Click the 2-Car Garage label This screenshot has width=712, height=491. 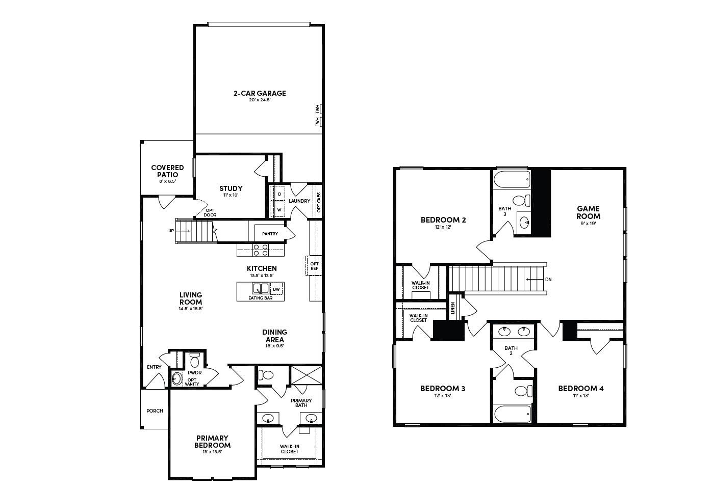pos(260,93)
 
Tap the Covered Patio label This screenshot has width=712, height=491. pos(167,171)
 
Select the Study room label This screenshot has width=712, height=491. pos(231,188)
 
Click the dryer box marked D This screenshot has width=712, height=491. pos(279,194)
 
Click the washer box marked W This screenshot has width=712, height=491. pos(279,209)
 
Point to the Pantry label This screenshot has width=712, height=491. pos(270,234)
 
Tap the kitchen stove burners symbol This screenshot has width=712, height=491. pos(261,250)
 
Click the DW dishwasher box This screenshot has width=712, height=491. pos(276,289)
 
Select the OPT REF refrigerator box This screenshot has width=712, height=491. pos(314,265)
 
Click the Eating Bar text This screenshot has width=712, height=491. pos(260,298)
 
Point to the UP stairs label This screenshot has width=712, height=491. pos(171,231)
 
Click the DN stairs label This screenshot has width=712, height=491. pos(548,279)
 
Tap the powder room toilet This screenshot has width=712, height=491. pos(194,362)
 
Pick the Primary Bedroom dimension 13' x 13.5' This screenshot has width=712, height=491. pos(212,452)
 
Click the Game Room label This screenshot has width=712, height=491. pos(588,212)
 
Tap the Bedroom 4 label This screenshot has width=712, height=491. pos(581,389)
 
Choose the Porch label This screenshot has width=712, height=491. pos(155,411)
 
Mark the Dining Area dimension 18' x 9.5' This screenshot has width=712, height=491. pos(275,345)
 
